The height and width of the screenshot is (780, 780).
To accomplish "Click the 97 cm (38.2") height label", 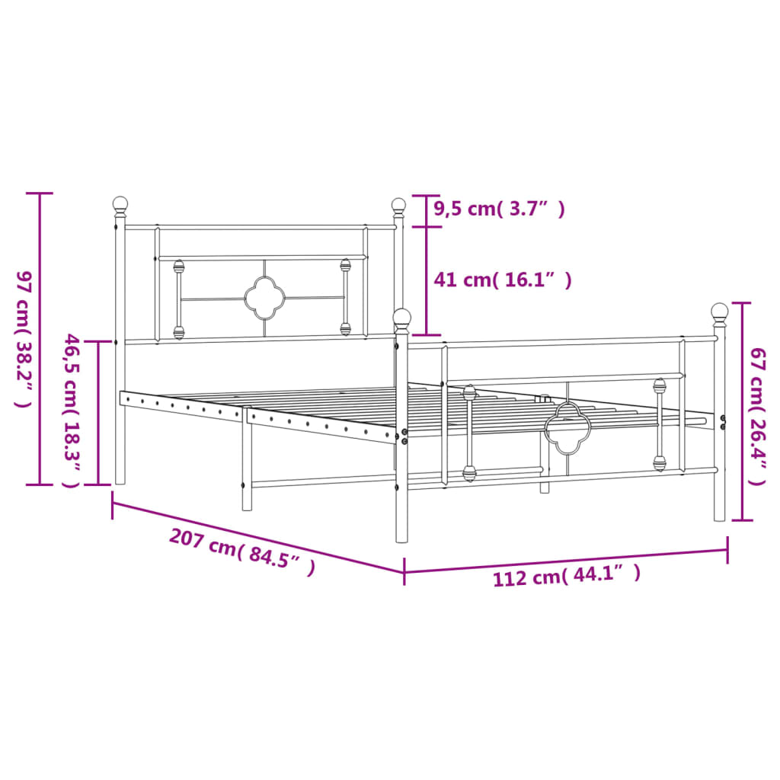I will pyautogui.click(x=23, y=338).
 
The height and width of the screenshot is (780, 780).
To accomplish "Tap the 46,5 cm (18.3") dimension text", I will pyautogui.click(x=72, y=411).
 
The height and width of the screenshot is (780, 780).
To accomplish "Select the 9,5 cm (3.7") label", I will pyautogui.click(x=499, y=209).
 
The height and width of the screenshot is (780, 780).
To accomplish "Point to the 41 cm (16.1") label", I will pyautogui.click(x=502, y=280).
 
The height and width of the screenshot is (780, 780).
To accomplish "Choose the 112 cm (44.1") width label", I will pyautogui.click(x=566, y=575).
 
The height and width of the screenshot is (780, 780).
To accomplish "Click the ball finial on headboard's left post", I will pyautogui.click(x=120, y=204).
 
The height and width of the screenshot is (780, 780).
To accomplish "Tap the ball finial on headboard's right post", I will pyautogui.click(x=398, y=204).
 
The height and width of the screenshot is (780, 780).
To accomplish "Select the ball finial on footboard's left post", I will pyautogui.click(x=402, y=318).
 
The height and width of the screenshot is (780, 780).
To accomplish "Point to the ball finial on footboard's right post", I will pyautogui.click(x=719, y=311).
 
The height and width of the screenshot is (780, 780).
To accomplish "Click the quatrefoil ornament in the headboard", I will pyautogui.click(x=264, y=298).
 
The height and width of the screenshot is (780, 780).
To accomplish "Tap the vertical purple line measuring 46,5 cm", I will pyautogui.click(x=98, y=412).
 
